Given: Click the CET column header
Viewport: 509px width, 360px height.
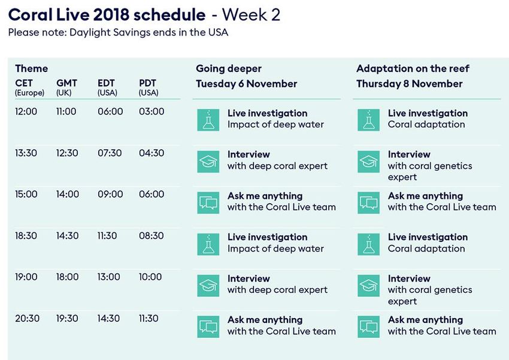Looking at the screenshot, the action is point(24,83).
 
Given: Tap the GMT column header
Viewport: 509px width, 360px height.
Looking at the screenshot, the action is point(66,83).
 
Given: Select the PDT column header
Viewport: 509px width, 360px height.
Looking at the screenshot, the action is point(148,83).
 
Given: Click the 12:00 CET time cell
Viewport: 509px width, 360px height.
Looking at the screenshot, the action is point(26,111).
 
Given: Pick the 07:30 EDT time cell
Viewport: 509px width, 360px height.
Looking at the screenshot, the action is point(110,153).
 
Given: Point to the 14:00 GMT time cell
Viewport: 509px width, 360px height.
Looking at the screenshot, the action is point(68,194).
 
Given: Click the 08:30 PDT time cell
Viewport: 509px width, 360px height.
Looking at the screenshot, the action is point(152,235).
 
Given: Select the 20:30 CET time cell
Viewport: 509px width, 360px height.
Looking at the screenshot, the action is point(28,318).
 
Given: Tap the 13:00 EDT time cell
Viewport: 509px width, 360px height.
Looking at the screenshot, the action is point(109,277).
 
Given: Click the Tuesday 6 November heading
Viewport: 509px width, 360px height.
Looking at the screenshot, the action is point(246,84).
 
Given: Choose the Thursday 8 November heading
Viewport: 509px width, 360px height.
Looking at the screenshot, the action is point(410,84).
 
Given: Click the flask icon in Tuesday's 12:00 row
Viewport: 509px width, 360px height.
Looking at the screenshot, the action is point(208,120).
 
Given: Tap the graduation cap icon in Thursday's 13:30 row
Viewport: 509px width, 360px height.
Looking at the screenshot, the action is point(368,161).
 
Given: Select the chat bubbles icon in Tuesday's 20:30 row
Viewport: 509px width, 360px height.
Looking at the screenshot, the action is point(208,326).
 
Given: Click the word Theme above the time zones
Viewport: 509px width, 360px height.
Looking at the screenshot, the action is point(32,68).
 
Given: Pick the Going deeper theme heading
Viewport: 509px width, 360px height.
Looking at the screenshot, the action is point(229,69).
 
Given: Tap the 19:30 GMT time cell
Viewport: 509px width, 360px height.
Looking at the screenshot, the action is point(67,318).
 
